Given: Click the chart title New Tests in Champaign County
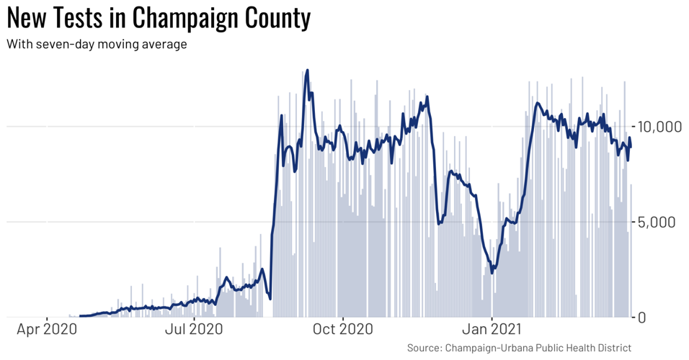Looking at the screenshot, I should [159, 18].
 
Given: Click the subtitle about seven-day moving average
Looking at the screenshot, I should [97, 45].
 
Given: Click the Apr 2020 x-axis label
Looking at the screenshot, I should [48, 330].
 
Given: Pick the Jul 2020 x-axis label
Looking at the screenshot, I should [194, 330].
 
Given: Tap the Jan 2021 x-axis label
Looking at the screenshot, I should [492, 330].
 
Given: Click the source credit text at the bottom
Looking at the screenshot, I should [519, 348].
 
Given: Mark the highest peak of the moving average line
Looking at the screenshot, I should [308, 71].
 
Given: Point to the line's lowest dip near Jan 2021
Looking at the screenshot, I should [492, 272].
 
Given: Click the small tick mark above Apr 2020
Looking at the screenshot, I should [48, 319].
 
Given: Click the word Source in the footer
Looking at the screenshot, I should [424, 348].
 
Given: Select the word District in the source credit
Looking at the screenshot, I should [611, 348].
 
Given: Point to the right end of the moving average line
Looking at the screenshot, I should [631, 147].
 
